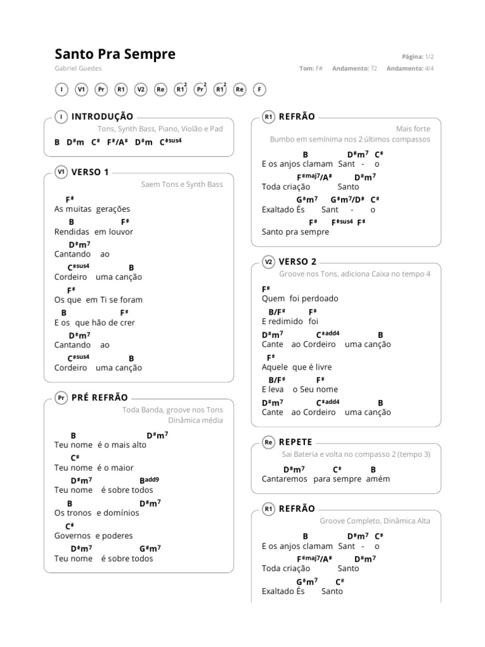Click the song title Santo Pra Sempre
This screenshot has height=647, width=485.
tap(115, 54)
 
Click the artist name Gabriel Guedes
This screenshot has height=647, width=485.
tap(78, 68)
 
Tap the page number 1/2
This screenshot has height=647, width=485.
tap(429, 56)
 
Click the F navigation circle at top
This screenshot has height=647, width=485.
tap(259, 90)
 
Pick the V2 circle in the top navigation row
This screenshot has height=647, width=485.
tap(141, 90)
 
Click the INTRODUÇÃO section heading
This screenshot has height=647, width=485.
tap(102, 116)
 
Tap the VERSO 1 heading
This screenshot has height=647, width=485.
tap(90, 172)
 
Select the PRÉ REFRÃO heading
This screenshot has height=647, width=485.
tap(100, 397)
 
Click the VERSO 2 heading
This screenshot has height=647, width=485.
tap(297, 262)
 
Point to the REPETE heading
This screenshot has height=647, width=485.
tap(296, 442)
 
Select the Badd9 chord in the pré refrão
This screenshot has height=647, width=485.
tap(149, 480)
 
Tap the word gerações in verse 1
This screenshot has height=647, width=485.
tap(113, 209)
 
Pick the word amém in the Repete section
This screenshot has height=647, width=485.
tap(378, 479)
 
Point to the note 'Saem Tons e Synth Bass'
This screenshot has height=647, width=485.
tap(182, 184)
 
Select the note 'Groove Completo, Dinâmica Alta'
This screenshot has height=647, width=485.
tap(374, 521)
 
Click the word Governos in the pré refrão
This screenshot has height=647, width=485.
tap(73, 536)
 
